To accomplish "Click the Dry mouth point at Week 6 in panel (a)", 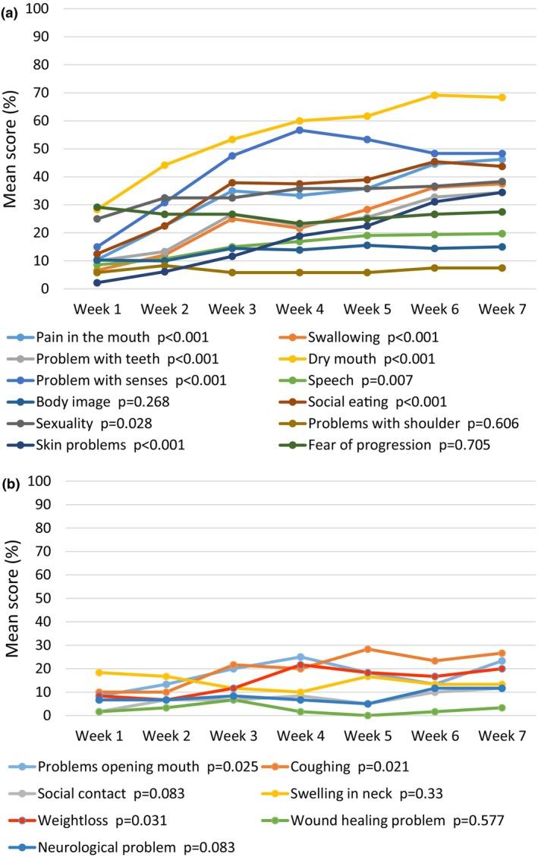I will click(x=435, y=95).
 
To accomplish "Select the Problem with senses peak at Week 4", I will click(x=300, y=130).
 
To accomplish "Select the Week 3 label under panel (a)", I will click(x=232, y=310).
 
